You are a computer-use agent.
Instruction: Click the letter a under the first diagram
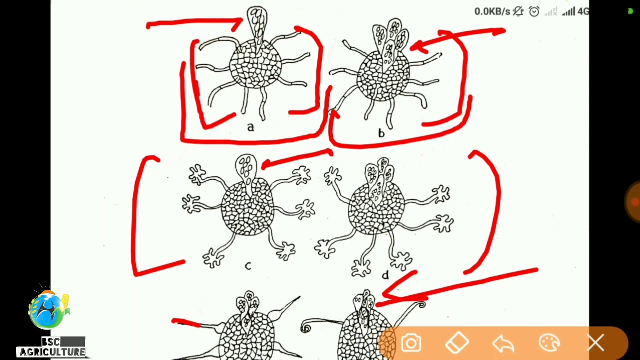coord(250,127)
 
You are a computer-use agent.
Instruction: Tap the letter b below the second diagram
coord(381,133)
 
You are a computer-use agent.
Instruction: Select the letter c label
coord(248,266)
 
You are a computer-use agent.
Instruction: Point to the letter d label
coord(385,275)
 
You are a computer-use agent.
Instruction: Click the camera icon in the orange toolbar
coord(411,342)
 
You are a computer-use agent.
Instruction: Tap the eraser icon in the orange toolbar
coord(457,343)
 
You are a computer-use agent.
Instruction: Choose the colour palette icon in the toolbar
coord(549,342)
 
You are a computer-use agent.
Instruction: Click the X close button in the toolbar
coord(595,342)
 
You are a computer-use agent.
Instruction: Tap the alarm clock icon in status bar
coord(534,11)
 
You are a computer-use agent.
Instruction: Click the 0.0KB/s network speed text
coord(492,11)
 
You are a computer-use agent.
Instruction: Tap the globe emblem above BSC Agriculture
coord(49,309)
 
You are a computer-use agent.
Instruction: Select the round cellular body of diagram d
coord(376,208)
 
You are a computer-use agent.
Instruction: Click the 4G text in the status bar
coord(583,11)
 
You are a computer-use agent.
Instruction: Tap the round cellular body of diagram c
coord(247,207)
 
